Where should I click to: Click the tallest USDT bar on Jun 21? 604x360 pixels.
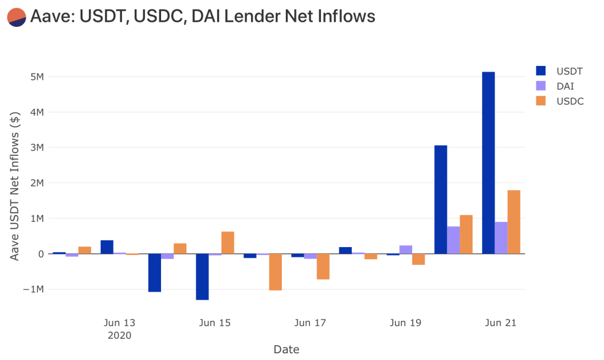(x=488, y=163)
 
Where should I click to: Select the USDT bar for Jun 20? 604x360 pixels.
(x=441, y=200)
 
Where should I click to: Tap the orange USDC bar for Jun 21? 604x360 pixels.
(x=513, y=222)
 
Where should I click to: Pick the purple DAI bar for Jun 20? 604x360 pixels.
(x=454, y=240)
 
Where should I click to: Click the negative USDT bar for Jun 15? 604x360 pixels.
(x=202, y=277)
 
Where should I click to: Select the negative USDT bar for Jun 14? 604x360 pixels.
(x=154, y=273)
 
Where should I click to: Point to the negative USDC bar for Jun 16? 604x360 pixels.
(x=275, y=272)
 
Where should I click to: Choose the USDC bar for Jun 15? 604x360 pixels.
(x=228, y=243)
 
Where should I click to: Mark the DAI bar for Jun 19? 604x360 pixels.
(x=405, y=249)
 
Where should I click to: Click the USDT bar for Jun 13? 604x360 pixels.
(x=107, y=247)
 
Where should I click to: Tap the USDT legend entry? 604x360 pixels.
(x=559, y=71)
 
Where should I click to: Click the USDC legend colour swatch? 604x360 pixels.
(x=541, y=101)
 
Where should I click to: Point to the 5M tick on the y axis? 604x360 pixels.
(x=37, y=77)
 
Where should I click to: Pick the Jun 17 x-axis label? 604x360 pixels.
(x=310, y=323)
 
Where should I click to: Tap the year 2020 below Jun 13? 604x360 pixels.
(x=120, y=335)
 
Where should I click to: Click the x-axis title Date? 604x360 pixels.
(x=286, y=349)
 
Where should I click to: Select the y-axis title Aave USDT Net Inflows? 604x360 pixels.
(x=15, y=186)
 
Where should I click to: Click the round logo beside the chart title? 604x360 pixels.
(x=17, y=17)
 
